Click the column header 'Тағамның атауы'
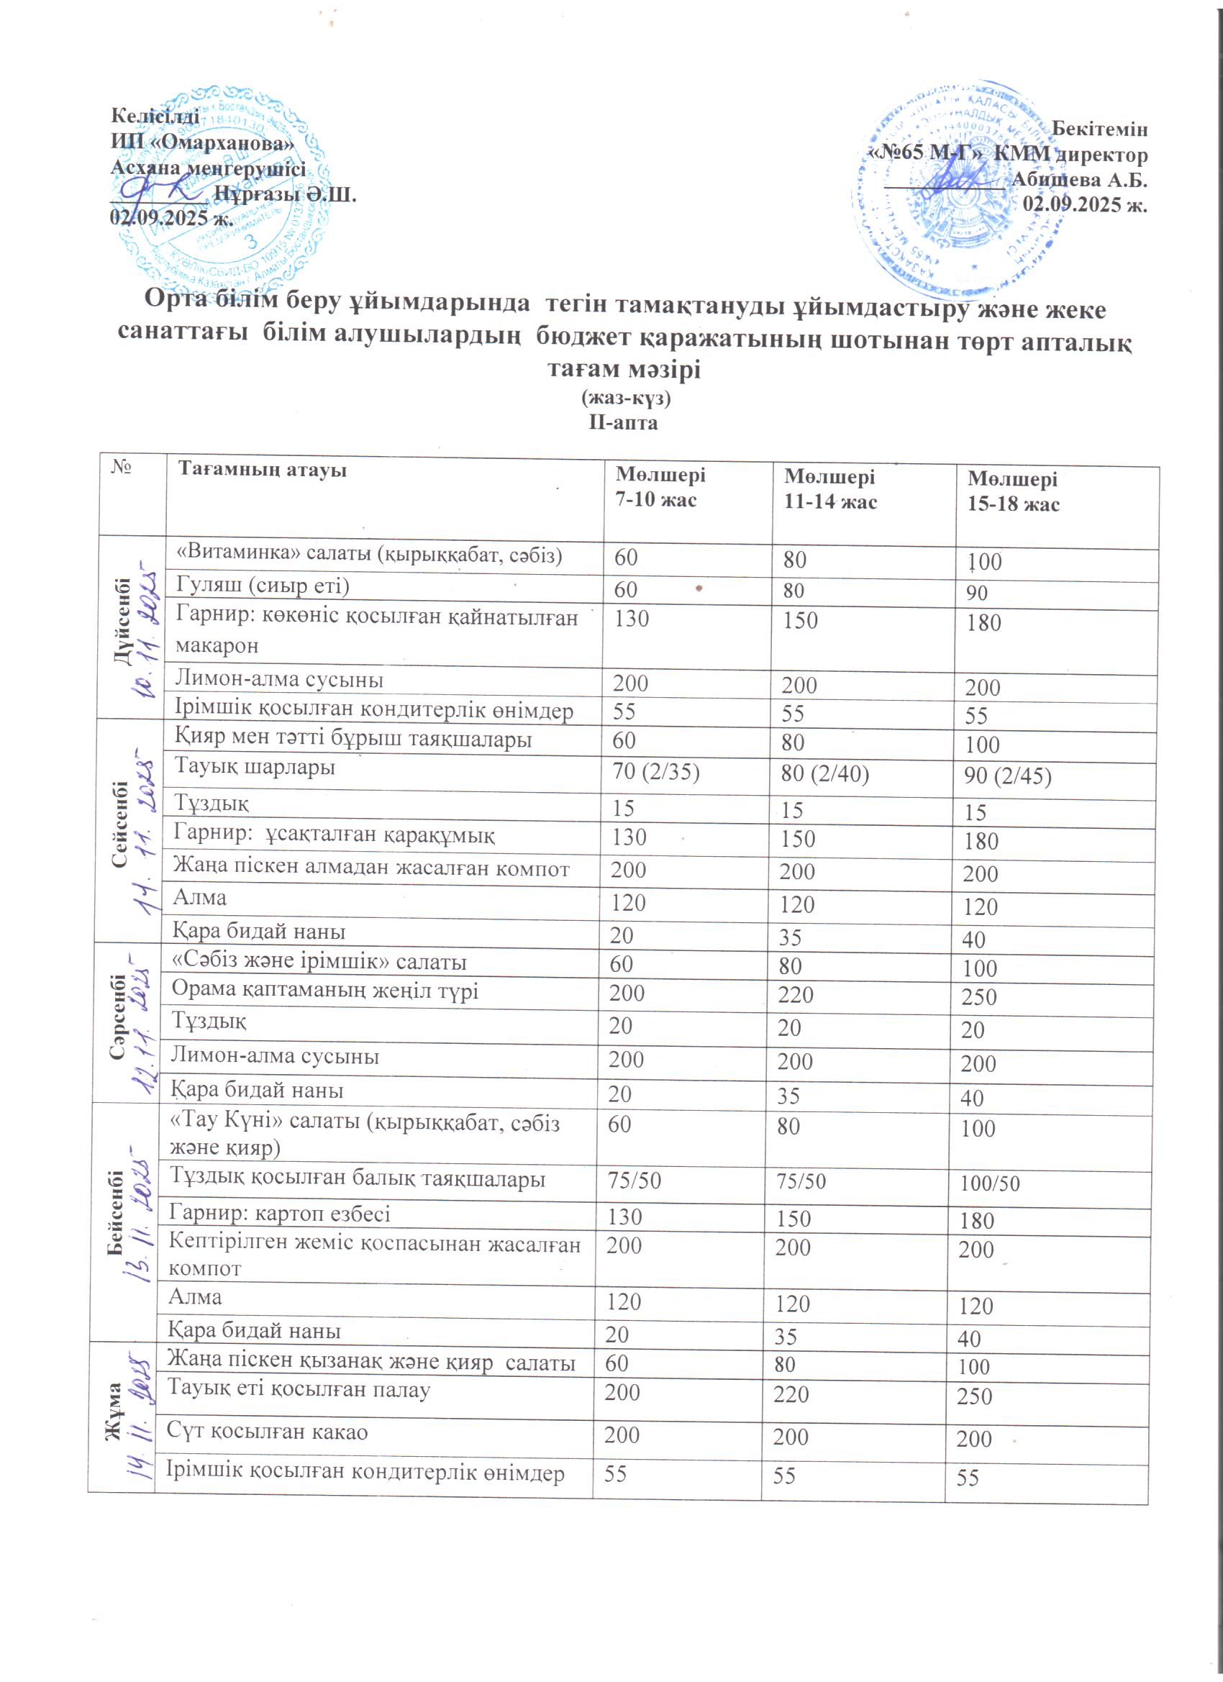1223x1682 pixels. [262, 470]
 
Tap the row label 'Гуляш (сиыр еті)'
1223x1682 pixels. [262, 586]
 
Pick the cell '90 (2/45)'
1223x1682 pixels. [1007, 776]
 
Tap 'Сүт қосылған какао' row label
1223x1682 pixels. [267, 1431]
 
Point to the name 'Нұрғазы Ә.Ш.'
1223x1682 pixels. [285, 194]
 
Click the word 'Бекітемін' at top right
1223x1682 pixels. [1100, 129]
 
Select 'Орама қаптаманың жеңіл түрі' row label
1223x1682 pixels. [324, 991]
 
